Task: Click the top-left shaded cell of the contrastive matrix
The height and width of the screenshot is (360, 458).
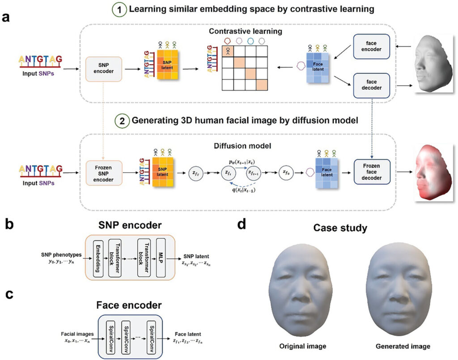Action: coord(229,52)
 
